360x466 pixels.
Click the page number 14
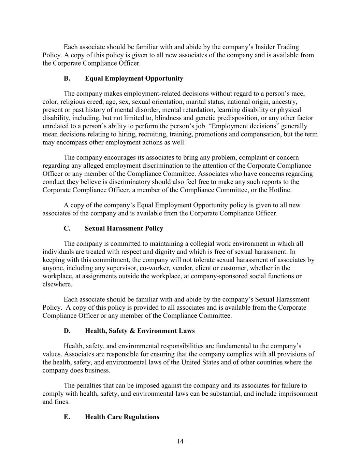(180, 441)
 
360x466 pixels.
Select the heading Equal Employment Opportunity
(134, 79)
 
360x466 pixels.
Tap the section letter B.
(67, 79)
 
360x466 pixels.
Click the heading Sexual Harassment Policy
(124, 228)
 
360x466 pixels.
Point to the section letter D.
(67, 331)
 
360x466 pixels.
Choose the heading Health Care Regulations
(122, 417)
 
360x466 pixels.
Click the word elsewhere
(57, 284)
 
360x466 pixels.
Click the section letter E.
(67, 417)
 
